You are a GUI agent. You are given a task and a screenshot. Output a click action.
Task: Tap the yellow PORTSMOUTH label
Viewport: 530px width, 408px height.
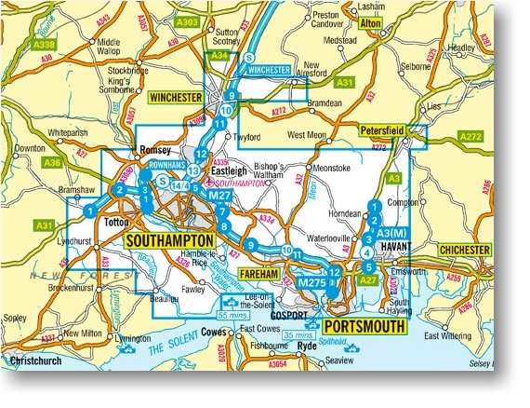pos(364,328)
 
